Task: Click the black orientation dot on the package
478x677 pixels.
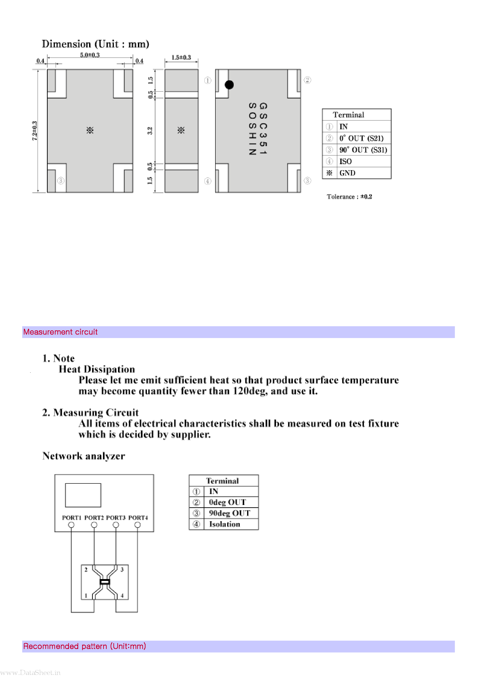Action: tap(229, 85)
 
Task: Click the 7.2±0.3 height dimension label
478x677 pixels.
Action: tap(35, 131)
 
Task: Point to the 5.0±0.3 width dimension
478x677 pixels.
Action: tap(90, 55)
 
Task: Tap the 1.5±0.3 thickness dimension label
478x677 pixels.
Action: tap(181, 57)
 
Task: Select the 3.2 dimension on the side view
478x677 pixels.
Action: tap(150, 131)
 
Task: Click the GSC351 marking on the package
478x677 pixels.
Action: tap(263, 129)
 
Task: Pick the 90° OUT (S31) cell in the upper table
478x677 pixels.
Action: tap(363, 150)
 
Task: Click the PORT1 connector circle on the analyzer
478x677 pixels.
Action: tap(71, 525)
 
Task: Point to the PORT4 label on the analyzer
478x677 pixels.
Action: tap(138, 518)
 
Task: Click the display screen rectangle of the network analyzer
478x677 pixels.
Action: tap(83, 495)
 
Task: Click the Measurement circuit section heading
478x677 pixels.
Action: tap(60, 332)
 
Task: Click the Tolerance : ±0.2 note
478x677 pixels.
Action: tap(349, 197)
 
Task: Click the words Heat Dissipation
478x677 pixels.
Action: tap(97, 369)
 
